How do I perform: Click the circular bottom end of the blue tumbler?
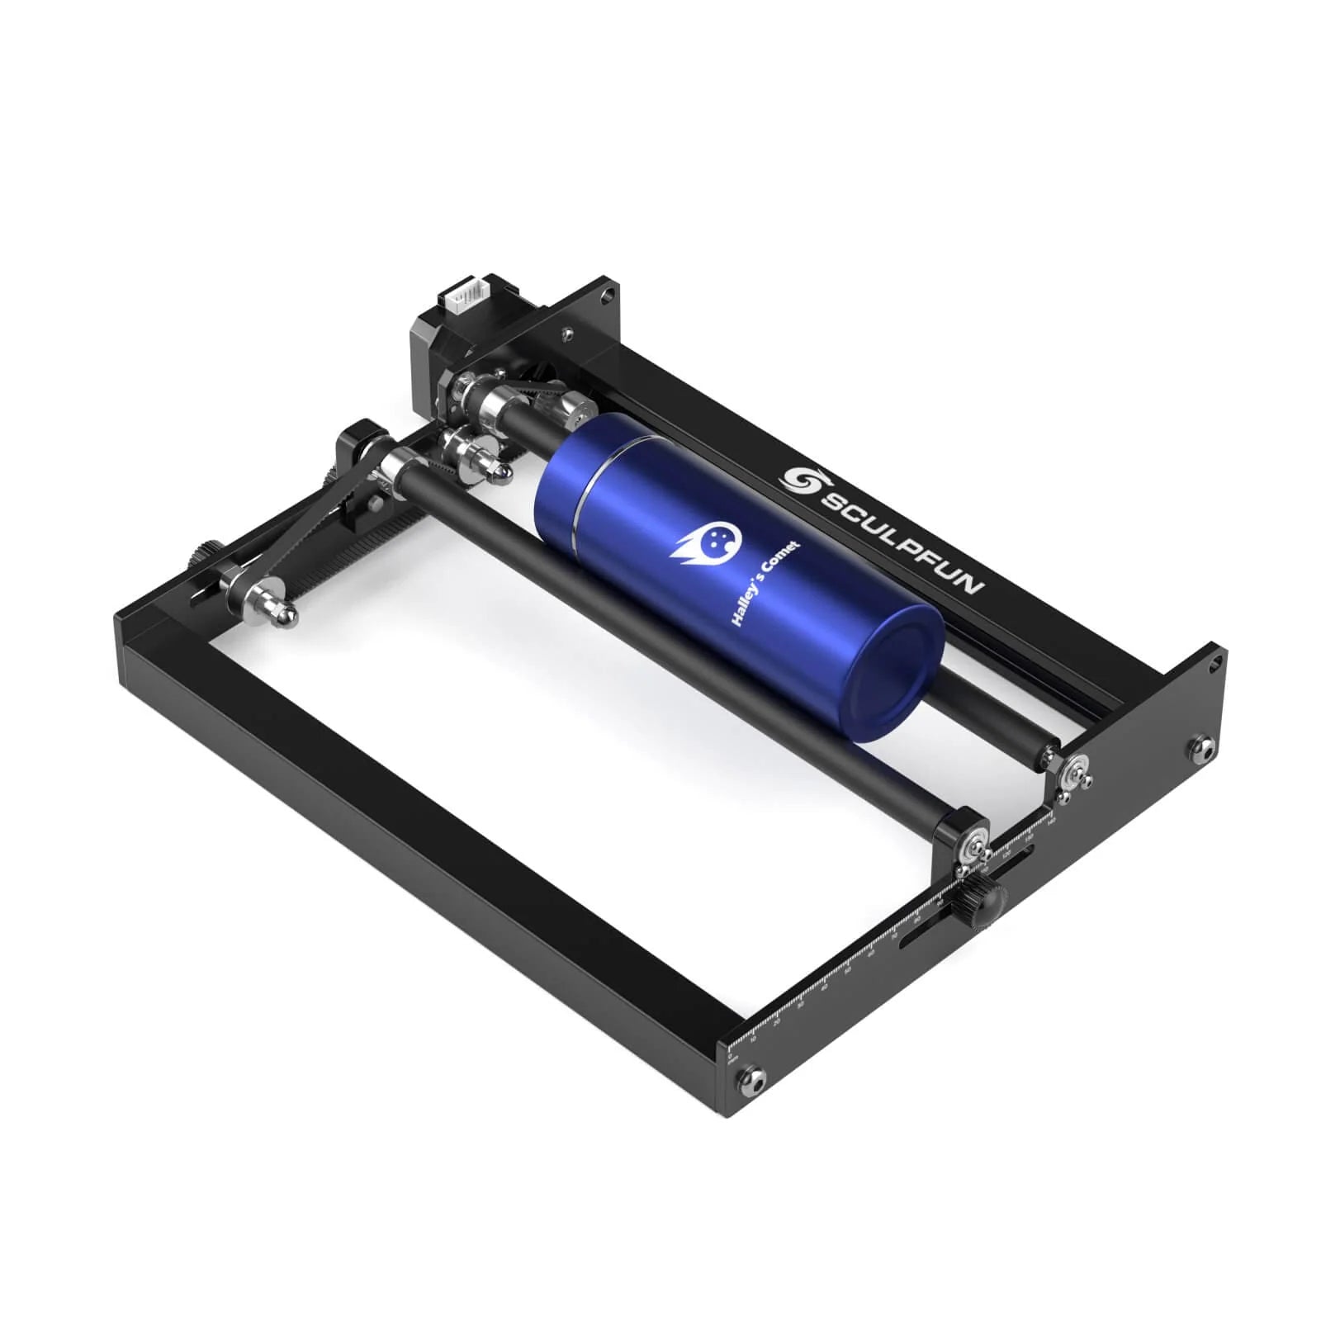point(895,673)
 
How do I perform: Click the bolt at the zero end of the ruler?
point(754,1077)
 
